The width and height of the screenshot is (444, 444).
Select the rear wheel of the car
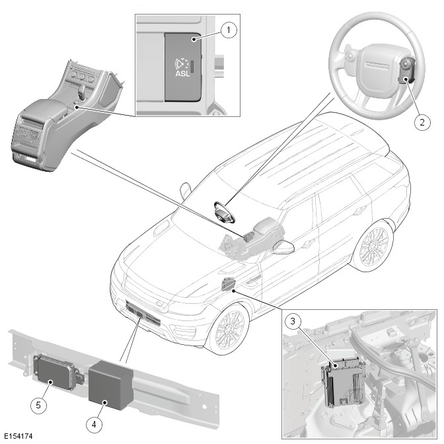372,246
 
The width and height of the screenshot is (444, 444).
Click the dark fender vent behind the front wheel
228,285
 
